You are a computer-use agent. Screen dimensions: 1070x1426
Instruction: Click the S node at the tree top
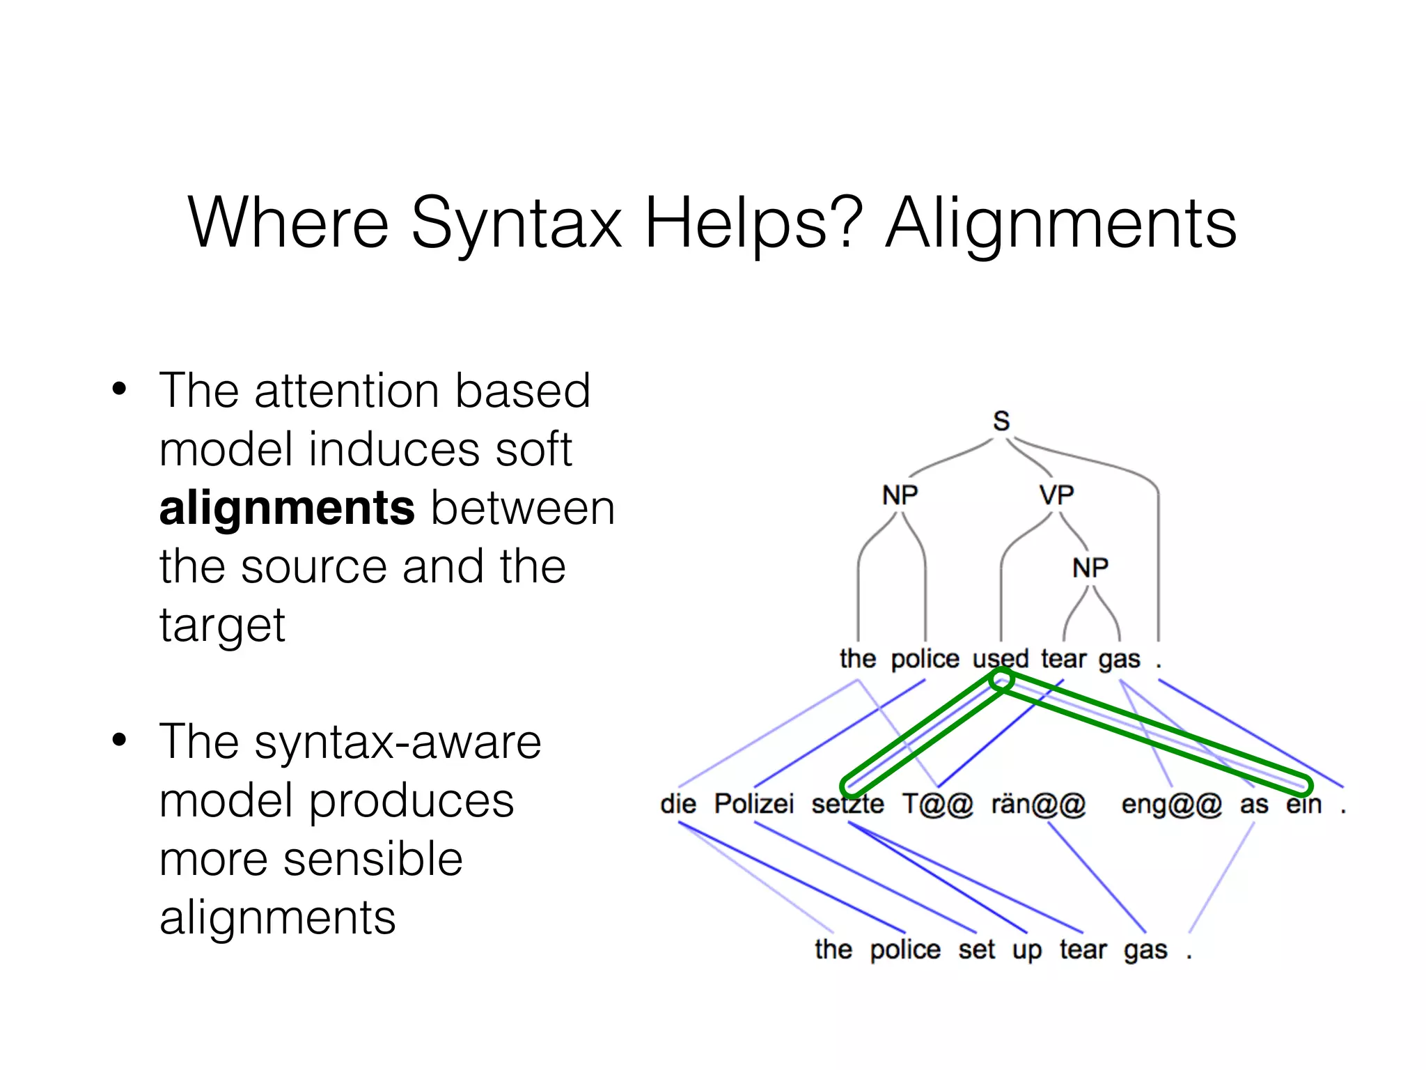tap(1001, 421)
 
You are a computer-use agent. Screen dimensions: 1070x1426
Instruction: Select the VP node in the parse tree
tap(1056, 495)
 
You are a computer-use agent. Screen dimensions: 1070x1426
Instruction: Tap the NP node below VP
tap(1090, 568)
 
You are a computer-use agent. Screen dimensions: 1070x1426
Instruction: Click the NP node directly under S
tap(900, 495)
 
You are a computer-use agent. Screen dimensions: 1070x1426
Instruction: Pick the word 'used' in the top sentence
tap(1001, 658)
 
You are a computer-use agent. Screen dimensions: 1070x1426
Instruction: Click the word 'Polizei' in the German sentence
tap(754, 804)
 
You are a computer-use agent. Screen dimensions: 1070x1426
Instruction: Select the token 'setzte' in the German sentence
tap(847, 804)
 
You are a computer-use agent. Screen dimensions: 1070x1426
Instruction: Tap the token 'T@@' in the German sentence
tap(937, 805)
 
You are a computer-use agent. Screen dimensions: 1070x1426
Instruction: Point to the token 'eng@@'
tap(1172, 805)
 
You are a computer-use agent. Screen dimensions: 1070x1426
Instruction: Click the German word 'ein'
tap(1303, 804)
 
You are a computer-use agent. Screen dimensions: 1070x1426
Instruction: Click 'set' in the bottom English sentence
tap(976, 949)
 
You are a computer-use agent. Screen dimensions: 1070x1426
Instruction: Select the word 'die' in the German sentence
tap(678, 804)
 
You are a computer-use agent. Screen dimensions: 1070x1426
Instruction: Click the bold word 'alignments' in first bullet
tap(287, 507)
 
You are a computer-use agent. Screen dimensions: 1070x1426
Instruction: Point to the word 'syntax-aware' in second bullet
tap(398, 742)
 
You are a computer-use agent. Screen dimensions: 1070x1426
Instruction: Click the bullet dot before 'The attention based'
tap(120, 389)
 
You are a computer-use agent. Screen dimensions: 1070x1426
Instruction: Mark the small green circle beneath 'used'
tap(1001, 680)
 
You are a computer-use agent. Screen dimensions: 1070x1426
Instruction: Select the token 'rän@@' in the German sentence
tap(1038, 805)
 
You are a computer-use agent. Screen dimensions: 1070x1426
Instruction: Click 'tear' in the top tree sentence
tap(1063, 658)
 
